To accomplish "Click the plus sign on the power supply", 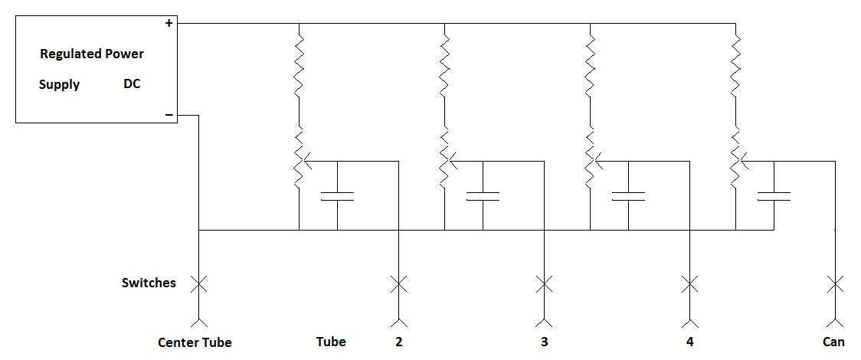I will [169, 24].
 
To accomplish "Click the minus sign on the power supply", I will [169, 116].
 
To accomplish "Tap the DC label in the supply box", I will [132, 84].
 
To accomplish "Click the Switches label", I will [149, 283].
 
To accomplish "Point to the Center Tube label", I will [195, 342].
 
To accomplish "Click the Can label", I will [833, 342].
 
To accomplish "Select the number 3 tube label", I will [544, 342].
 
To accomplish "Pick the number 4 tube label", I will [689, 342].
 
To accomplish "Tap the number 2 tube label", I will [398, 342].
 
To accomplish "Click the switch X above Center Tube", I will [199, 284].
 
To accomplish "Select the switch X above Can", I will [835, 284].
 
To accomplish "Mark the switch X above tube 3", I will [544, 284].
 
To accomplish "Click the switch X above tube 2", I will [398, 284].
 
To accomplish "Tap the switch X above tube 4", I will [689, 284].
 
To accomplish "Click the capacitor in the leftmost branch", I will [337, 195].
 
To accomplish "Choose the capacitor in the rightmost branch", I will [774, 195].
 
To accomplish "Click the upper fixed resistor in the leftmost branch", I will [299, 65].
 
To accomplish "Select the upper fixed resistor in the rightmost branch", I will [735, 65].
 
